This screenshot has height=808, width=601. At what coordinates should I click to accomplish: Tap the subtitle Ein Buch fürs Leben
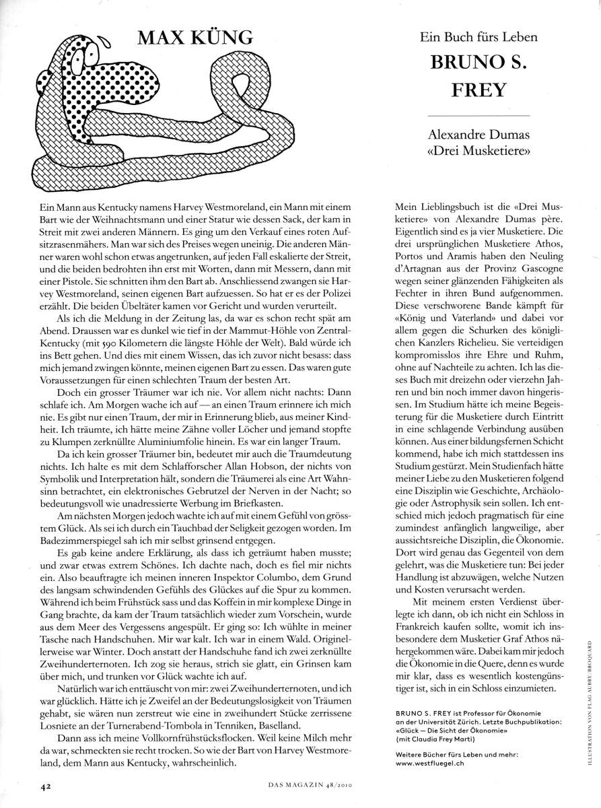click(479, 38)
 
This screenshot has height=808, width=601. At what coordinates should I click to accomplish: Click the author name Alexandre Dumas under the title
click(479, 137)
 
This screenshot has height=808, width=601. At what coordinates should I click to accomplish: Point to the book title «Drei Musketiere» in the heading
click(479, 154)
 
